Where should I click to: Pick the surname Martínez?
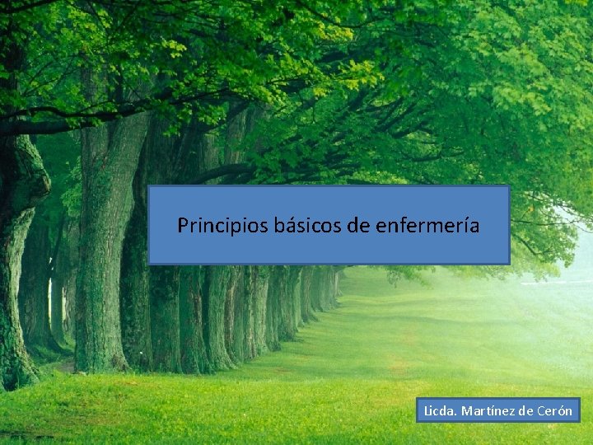point(487,410)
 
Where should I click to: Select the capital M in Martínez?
point(466,410)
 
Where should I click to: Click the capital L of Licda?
point(427,410)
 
